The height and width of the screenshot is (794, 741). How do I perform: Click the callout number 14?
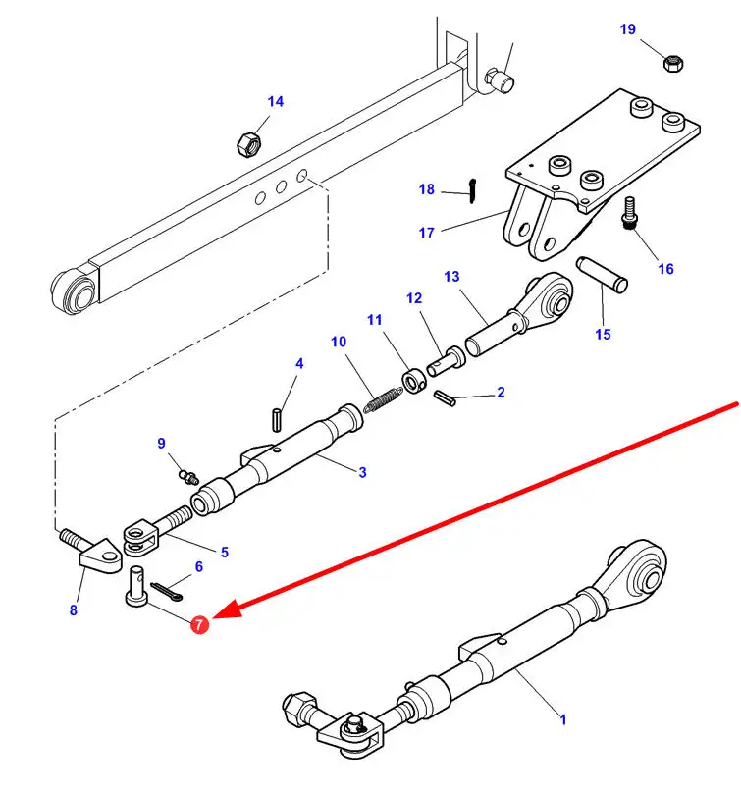point(275,101)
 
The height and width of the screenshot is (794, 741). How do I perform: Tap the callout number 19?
point(628,29)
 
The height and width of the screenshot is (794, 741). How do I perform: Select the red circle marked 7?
point(199,624)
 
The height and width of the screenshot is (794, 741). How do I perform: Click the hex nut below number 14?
point(248,143)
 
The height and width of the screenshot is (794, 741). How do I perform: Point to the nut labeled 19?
point(673,64)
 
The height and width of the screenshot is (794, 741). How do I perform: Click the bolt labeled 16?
point(630,213)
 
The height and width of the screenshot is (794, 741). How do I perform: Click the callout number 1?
point(563,719)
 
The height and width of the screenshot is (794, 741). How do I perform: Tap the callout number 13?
point(451,277)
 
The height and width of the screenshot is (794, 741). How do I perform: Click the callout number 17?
point(426,233)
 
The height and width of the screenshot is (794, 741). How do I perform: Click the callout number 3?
point(362,473)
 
